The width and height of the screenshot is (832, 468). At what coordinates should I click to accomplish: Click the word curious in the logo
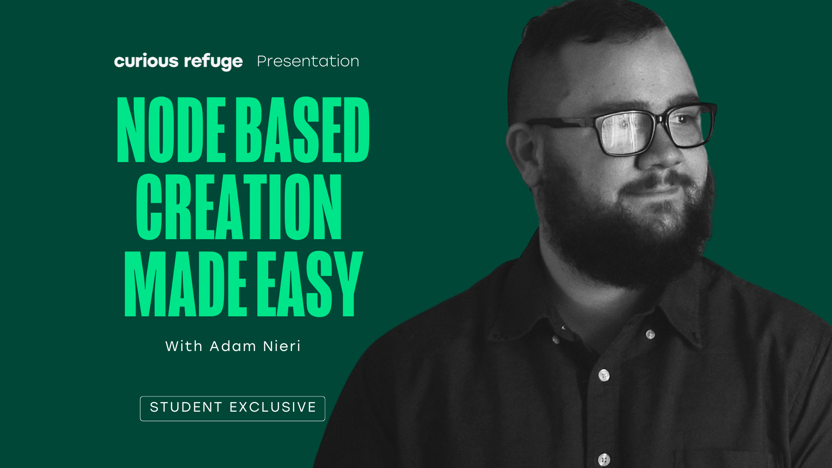coord(146,61)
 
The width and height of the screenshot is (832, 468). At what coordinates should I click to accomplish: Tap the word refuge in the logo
coord(213,62)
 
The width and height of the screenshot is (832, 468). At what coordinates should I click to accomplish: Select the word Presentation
coord(308,61)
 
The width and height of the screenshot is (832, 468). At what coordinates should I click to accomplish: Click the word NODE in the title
coord(171,130)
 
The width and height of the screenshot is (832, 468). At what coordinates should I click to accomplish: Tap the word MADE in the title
coord(185,284)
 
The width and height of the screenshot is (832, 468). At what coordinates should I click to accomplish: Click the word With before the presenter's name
coord(184,346)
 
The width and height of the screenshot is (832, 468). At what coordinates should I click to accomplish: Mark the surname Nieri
coord(282,346)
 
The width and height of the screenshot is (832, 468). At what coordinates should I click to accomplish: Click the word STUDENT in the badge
coord(186,407)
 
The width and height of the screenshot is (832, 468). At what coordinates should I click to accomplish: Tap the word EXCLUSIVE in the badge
coord(273,407)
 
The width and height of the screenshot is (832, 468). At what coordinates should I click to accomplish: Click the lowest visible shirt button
coord(604,459)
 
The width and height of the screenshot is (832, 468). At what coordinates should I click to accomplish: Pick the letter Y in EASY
coord(347,284)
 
